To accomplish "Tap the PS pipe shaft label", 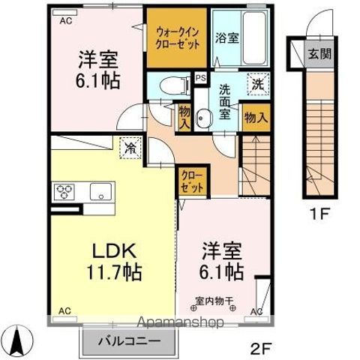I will click(200, 77).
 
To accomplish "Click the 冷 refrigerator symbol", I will click(130, 148).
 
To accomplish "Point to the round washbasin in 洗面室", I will click(203, 118).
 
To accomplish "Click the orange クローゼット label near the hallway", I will click(191, 182).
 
